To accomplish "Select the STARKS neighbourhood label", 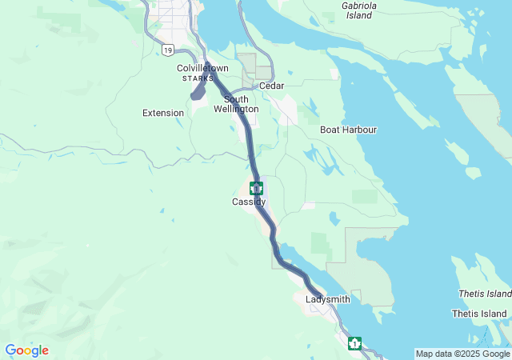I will pyautogui.click(x=198, y=78).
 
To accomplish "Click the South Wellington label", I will pyautogui.click(x=236, y=104).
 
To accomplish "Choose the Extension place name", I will pyautogui.click(x=163, y=113).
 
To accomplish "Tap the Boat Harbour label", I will pyautogui.click(x=348, y=130).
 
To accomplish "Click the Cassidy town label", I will pyautogui.click(x=249, y=202).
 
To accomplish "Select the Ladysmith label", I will pyautogui.click(x=328, y=299).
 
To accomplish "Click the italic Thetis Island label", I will pyautogui.click(x=482, y=294).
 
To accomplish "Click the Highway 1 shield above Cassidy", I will pyautogui.click(x=256, y=189).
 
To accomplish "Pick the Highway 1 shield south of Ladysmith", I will pyautogui.click(x=354, y=343).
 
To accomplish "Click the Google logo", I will pyautogui.click(x=26, y=350).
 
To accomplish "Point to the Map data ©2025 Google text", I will pyautogui.click(x=462, y=354).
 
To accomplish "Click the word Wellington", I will pyautogui.click(x=236, y=109).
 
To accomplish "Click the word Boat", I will pyautogui.click(x=330, y=130).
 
